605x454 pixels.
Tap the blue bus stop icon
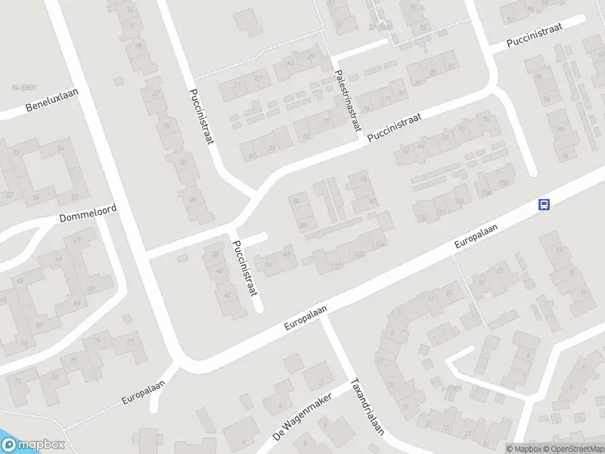(x=544, y=204)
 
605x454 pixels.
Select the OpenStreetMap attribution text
(x=572, y=449)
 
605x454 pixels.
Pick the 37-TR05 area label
(x=380, y=26)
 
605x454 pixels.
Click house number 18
(x=138, y=46)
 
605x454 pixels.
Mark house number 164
(x=379, y=244)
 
